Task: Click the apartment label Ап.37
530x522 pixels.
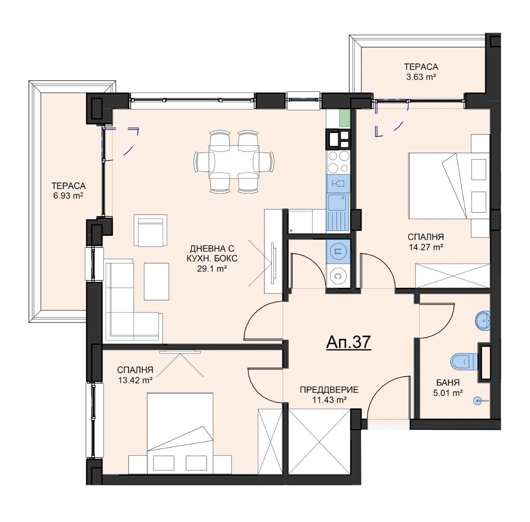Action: coord(349,343)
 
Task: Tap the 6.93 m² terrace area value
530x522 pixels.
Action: coord(69,196)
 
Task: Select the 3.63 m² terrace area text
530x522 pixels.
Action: coord(421,77)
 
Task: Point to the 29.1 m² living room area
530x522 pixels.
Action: coord(212,269)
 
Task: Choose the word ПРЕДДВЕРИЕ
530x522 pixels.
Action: coord(329,390)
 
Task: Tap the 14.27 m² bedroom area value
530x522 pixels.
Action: coord(426,247)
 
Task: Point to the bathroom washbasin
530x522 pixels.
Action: coord(482,320)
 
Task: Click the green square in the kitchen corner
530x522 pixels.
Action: coord(345,118)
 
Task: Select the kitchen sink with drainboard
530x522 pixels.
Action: coord(338,211)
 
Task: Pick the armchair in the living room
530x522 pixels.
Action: coord(150,230)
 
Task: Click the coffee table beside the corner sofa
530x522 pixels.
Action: coord(156,281)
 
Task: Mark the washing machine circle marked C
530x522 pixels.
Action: coord(338,276)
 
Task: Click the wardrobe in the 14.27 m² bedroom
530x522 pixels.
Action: coord(453,276)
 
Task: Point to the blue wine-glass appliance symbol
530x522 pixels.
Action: coord(338,184)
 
